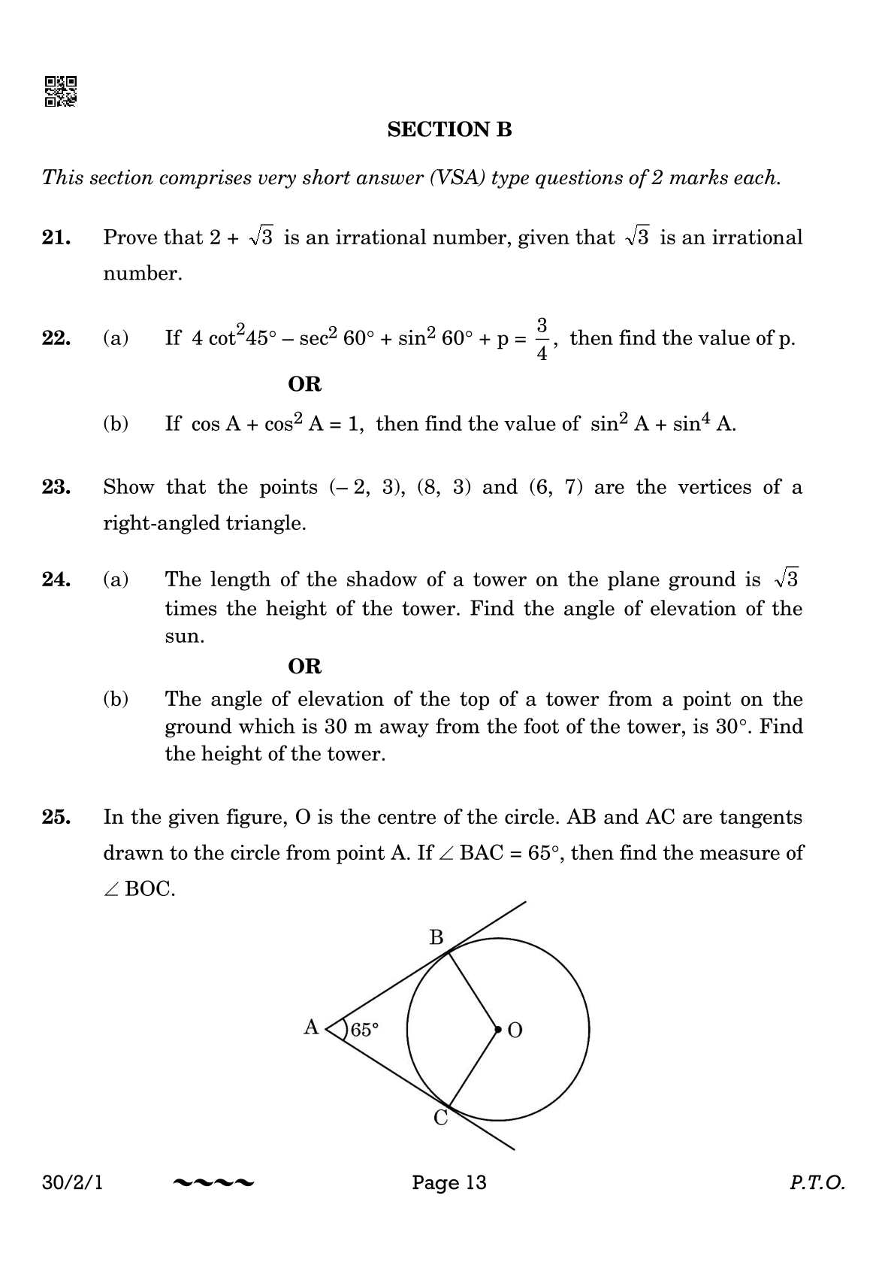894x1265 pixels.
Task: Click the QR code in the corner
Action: [60, 92]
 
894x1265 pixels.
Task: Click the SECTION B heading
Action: [449, 130]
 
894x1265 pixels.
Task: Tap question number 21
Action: [56, 238]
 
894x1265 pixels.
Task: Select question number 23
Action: [56, 487]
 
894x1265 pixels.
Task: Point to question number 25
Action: [56, 817]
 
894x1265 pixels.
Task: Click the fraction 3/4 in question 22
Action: [542, 339]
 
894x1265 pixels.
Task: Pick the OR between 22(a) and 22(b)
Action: [304, 384]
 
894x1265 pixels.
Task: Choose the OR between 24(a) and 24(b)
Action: [304, 666]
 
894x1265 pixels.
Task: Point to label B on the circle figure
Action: [436, 937]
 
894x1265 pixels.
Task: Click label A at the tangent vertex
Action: [311, 1027]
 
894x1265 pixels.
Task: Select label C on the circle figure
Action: [441, 1118]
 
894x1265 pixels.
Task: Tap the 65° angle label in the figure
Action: [364, 1030]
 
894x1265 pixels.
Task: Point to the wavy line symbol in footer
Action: [213, 1183]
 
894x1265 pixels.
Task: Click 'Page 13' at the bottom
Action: [449, 1182]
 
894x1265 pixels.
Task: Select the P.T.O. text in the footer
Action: [817, 1183]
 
